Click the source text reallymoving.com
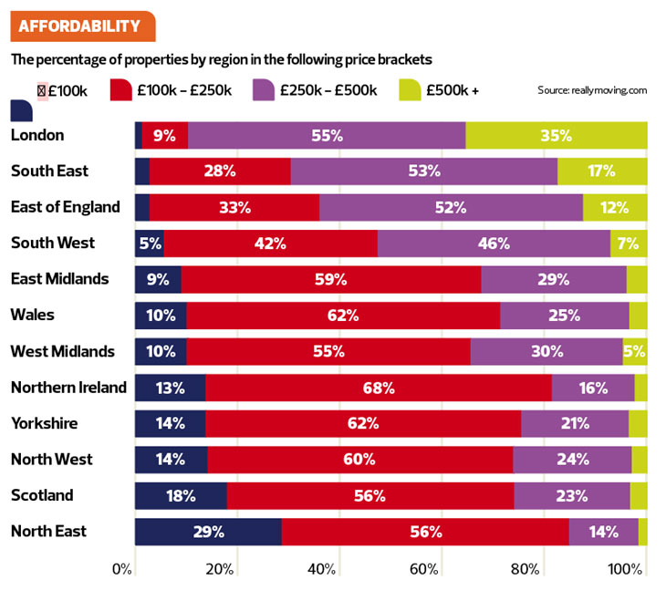tap(592, 90)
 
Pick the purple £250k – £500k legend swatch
tap(265, 89)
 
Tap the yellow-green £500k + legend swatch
tap(411, 89)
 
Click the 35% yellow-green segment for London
tap(556, 135)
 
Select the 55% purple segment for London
tap(327, 135)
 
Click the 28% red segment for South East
tap(220, 171)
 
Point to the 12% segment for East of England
tap(614, 207)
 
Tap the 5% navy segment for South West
tap(150, 244)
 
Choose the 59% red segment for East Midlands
tap(331, 279)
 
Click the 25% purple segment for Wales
tap(564, 316)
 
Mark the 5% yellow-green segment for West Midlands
tap(634, 351)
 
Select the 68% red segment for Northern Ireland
tap(378, 388)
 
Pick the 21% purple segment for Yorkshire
tap(574, 423)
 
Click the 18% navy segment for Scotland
tap(181, 496)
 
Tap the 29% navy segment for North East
tap(208, 532)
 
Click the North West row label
tap(51, 460)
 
